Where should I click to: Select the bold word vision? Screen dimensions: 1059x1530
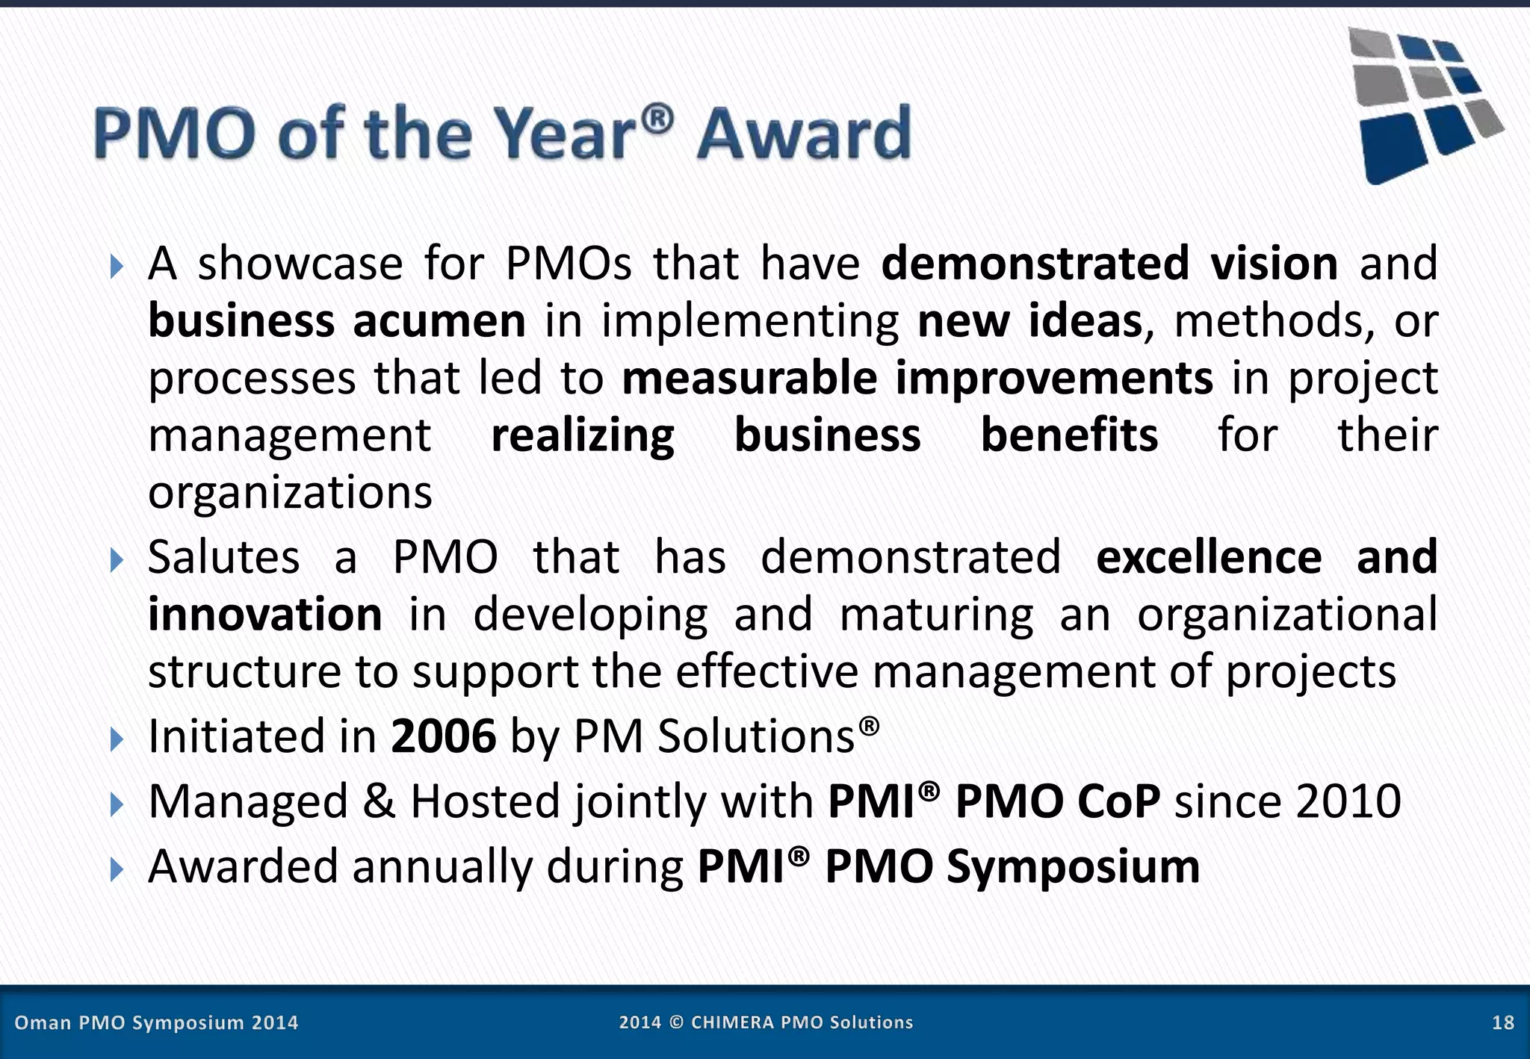click(1274, 264)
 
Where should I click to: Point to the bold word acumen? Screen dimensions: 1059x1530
click(439, 321)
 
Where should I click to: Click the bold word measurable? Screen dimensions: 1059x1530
click(749, 378)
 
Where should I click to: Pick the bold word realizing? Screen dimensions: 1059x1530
click(583, 435)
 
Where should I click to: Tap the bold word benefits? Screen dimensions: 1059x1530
click(1069, 435)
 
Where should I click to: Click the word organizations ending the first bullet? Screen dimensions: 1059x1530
click(290, 493)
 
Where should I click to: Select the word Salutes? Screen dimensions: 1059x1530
click(224, 557)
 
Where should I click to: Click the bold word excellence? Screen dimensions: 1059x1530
click(1209, 557)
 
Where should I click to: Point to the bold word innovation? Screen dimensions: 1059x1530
click(265, 615)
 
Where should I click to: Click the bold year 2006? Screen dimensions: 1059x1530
click(443, 736)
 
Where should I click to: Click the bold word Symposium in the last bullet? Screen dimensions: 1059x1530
click(1073, 866)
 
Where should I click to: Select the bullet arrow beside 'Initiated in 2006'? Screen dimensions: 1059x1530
click(116, 739)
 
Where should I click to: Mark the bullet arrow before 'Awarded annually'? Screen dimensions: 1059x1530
click(116, 869)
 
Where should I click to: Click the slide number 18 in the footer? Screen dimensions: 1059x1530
click(1502, 1022)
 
